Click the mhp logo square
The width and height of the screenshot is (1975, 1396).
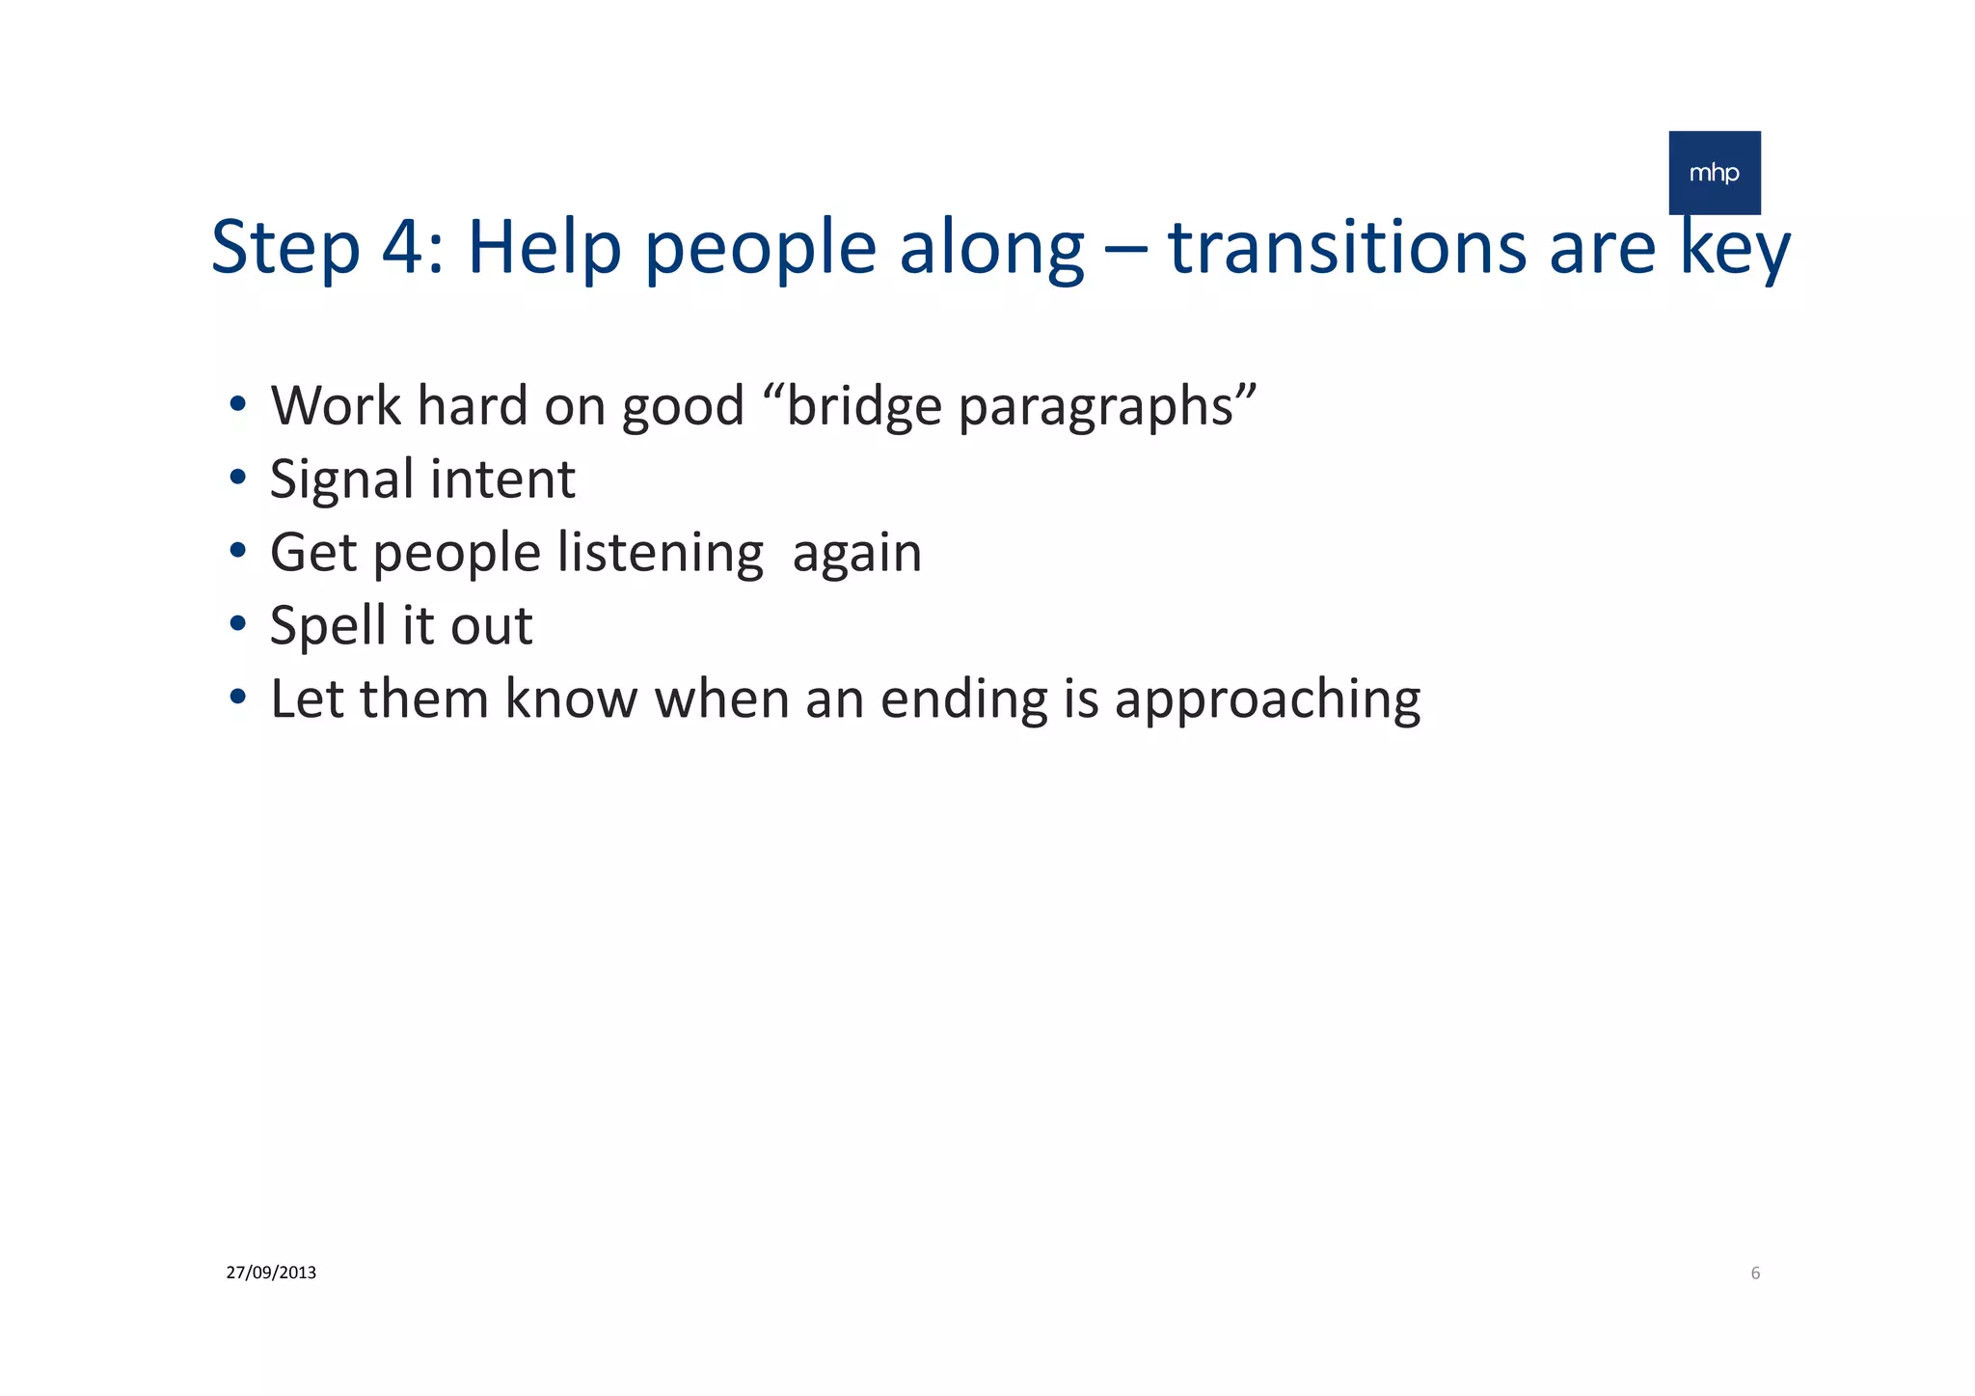[1714, 173]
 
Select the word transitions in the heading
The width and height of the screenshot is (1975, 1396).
[1347, 247]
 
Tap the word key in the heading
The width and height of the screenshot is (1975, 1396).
[1735, 249]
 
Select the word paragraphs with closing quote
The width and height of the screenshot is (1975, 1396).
[1107, 407]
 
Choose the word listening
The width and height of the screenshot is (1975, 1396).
[661, 554]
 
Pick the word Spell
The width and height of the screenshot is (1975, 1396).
[328, 626]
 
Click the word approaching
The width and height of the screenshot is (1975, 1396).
[1267, 700]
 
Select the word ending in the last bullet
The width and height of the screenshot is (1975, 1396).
[963, 700]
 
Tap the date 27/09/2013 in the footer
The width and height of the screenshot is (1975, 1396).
[271, 1273]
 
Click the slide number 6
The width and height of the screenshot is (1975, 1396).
[1755, 1273]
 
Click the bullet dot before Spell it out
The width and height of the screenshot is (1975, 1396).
[237, 624]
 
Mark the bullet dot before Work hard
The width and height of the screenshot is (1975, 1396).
[237, 403]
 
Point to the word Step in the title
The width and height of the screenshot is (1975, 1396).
[285, 249]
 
